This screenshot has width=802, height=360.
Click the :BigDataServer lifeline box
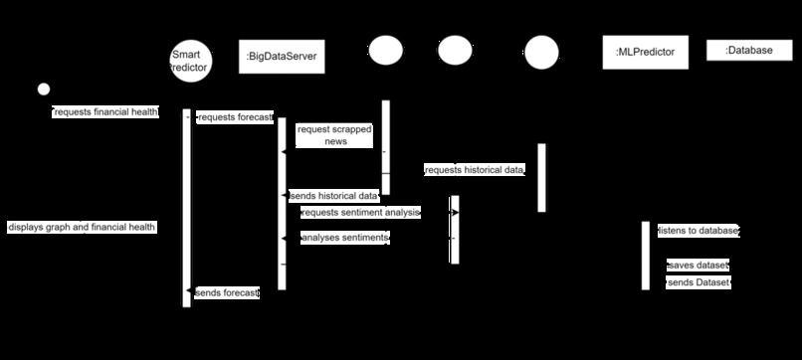[282, 58]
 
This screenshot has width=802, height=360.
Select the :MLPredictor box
[646, 52]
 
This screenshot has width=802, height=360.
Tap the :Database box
[748, 50]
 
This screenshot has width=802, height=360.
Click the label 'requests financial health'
[105, 112]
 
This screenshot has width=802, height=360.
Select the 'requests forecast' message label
[235, 117]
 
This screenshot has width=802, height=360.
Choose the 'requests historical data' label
[475, 171]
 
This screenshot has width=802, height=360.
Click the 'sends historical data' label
[333, 196]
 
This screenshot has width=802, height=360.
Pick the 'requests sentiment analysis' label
[360, 212]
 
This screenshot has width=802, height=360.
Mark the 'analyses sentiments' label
[343, 239]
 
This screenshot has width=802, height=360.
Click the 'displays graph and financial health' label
[82, 227]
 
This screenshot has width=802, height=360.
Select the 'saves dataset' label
[699, 266]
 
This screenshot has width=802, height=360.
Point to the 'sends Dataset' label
[699, 283]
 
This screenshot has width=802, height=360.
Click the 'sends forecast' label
[227, 293]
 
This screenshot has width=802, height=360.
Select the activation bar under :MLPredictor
[645, 256]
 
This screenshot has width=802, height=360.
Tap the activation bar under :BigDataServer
[282, 204]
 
